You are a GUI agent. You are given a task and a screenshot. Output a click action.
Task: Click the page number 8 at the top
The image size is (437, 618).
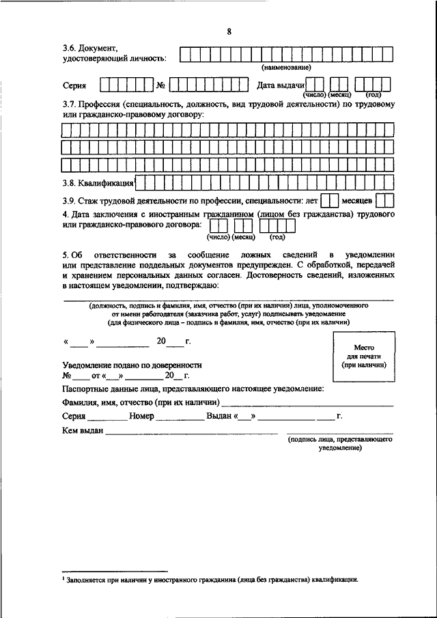(x=229, y=32)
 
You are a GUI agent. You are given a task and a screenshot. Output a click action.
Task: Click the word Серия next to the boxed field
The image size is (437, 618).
(x=74, y=85)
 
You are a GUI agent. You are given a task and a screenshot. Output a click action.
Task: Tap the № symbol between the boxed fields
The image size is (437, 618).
(x=162, y=85)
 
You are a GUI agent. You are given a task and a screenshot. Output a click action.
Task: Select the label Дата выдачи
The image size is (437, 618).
(x=280, y=85)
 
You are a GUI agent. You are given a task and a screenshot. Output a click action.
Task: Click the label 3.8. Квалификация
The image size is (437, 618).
(x=98, y=183)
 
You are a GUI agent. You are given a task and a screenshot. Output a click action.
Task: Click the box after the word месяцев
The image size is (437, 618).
(x=385, y=201)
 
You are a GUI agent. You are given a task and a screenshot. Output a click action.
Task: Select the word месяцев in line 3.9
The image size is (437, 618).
(x=357, y=201)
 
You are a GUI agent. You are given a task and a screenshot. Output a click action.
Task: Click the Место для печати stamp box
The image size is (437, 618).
(x=364, y=356)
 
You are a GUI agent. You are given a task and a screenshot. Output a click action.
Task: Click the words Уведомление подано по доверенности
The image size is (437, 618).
(x=132, y=365)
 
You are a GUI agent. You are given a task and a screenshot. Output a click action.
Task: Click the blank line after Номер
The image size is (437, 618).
(x=180, y=417)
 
